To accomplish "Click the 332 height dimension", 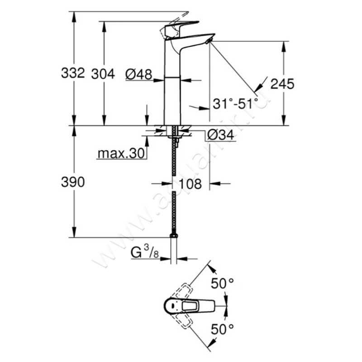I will pyautogui.click(x=73, y=73).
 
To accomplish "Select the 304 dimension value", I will pyautogui.click(x=103, y=73).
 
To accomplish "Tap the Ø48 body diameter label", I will pyautogui.click(x=138, y=74).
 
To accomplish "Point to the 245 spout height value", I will pyautogui.click(x=282, y=83).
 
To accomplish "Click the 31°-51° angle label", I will pyautogui.click(x=235, y=104).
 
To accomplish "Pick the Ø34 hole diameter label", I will pyautogui.click(x=221, y=135).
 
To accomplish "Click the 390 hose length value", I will pyautogui.click(x=73, y=182).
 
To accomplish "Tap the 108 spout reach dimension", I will pyautogui.click(x=191, y=184).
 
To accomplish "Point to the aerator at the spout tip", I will pyautogui.click(x=208, y=42).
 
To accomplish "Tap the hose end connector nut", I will pyautogui.click(x=173, y=236).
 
